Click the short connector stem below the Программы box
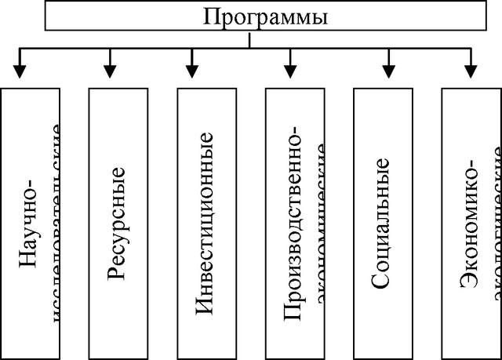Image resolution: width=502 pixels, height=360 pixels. (x=249, y=40)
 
